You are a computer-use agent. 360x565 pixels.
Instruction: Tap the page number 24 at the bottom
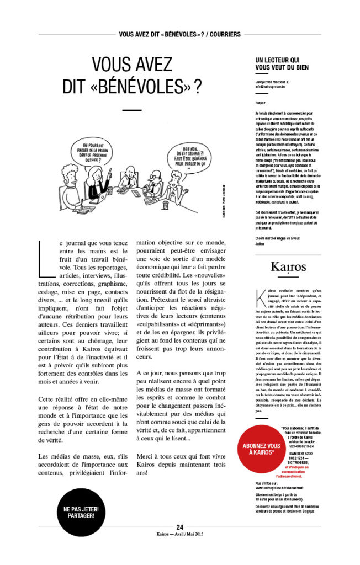pyautogui.click(x=180, y=526)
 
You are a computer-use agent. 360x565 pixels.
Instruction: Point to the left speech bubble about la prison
pyautogui.click(x=94, y=151)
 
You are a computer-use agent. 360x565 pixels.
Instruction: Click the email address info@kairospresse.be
pyautogui.click(x=273, y=86)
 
